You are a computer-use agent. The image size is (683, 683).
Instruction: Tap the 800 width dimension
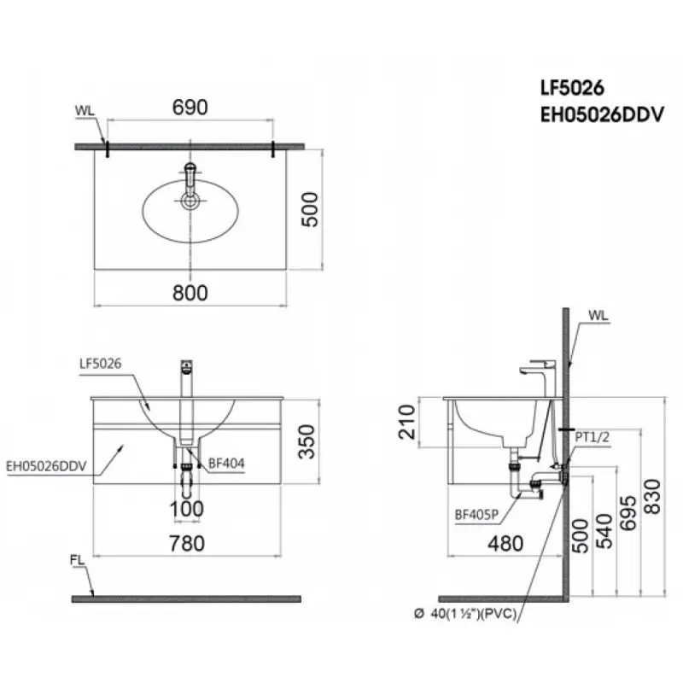pos(190,292)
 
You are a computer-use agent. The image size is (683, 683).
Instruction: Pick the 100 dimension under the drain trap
pos(187,510)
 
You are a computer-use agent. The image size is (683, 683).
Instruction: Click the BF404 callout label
pos(226,464)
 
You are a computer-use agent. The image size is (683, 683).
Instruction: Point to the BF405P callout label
pos(475,515)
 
